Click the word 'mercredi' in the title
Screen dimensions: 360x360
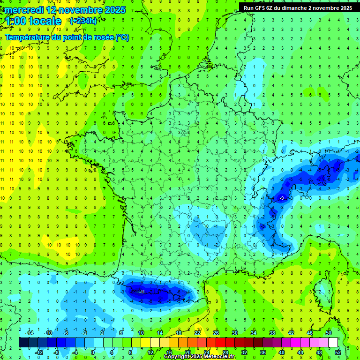click(x=22, y=10)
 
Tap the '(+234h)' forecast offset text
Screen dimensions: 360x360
click(x=83, y=21)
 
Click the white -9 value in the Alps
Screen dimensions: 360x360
click(x=281, y=198)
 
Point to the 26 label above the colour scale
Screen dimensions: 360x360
click(x=216, y=332)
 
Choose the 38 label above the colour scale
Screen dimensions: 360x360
click(x=272, y=332)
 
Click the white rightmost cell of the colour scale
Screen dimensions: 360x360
click(x=333, y=342)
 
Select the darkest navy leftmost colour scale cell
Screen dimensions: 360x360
click(x=24, y=342)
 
